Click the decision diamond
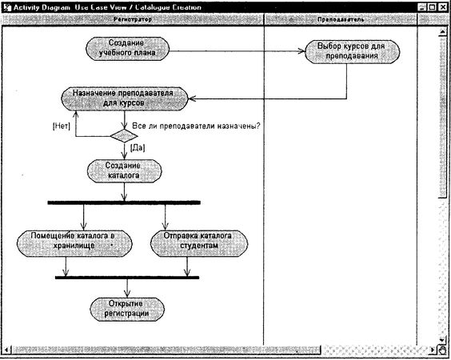[124, 135]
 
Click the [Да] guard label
[137, 148]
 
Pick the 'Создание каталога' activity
[124, 170]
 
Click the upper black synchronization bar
[124, 202]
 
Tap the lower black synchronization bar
[127, 278]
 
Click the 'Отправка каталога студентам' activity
[192, 241]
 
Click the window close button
[443, 6]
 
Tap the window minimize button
[421, 6]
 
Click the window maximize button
[432, 6]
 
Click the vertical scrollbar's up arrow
[443, 31]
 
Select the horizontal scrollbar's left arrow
[6, 350]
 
